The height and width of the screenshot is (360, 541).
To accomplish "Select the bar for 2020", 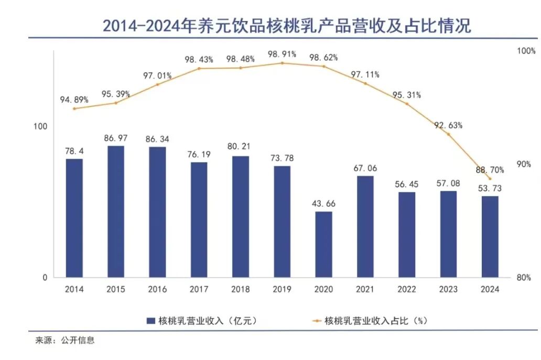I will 323,244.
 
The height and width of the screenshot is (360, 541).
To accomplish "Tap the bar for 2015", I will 116,211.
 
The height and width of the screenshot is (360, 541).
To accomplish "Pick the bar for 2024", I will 490,236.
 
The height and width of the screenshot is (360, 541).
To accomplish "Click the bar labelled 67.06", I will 365,226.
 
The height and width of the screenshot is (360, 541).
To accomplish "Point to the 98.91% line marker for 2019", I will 282,63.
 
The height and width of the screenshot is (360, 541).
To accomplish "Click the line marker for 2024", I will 490,179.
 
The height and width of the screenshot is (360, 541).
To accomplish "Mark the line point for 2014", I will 74,108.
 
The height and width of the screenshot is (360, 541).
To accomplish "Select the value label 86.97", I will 116,137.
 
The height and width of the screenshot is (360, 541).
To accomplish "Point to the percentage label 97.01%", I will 157,76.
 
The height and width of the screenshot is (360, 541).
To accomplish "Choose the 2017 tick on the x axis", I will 199,289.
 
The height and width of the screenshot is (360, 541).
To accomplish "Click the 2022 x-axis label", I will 407,289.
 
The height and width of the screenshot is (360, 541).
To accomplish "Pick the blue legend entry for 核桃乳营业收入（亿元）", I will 202,320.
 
